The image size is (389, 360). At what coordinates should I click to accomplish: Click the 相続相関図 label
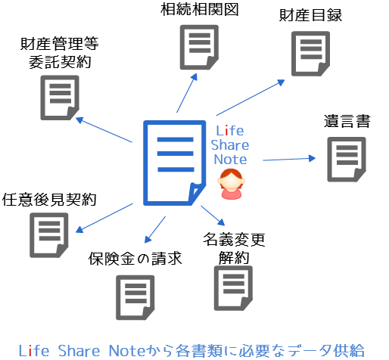tap(200, 10)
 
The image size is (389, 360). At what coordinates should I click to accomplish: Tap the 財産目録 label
tap(310, 15)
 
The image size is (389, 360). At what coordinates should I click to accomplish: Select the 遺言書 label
tap(347, 121)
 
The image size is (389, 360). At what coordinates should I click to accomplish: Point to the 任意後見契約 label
tap(49, 200)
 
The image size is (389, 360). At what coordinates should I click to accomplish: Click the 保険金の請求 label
tap(135, 259)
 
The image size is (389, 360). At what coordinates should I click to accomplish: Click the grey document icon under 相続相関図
tap(199, 47)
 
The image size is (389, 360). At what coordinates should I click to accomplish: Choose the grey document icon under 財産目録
tap(310, 54)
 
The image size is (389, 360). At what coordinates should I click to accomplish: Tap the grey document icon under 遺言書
tap(347, 160)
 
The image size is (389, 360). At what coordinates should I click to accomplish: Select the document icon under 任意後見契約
tap(49, 235)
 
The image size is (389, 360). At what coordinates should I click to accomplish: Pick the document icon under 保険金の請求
tap(135, 297)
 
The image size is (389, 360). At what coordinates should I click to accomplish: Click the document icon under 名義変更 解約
tap(233, 288)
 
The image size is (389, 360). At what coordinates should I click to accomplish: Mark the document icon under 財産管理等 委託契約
tap(60, 98)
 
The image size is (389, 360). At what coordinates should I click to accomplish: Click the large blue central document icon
tap(175, 163)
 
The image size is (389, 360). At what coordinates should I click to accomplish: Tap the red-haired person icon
tap(231, 184)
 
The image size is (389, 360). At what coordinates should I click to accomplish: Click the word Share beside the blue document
tap(230, 145)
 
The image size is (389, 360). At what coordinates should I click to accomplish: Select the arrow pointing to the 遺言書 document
tap(289, 159)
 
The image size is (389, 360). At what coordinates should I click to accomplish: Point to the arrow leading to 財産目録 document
tap(251, 98)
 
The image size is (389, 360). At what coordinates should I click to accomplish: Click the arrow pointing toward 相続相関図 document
tap(187, 93)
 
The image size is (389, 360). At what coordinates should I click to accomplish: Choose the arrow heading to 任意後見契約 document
tap(104, 218)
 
